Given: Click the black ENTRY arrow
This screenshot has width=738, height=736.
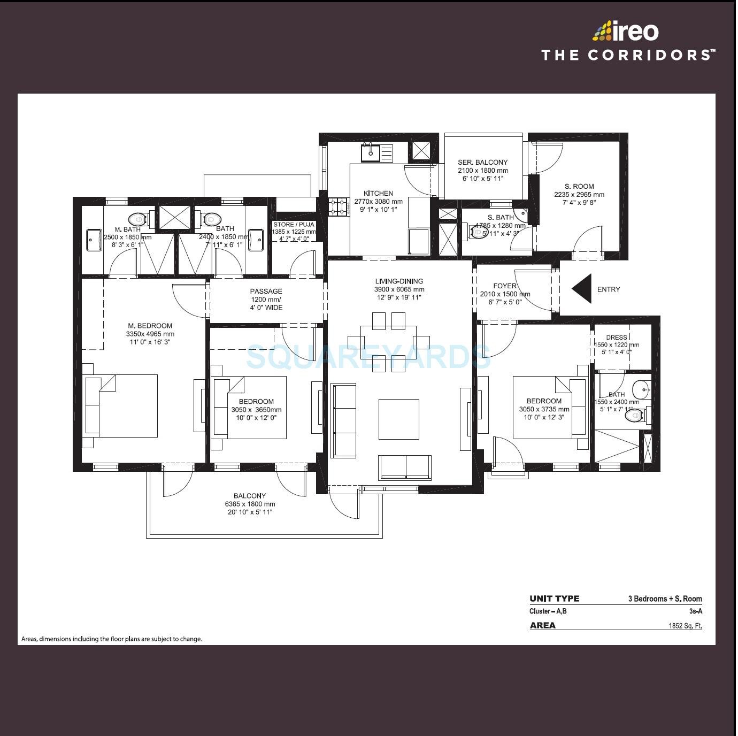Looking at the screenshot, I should pos(583,289).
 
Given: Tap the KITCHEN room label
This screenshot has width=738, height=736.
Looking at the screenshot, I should pos(378,194).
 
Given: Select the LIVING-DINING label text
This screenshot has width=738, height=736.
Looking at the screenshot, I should pos(399,281).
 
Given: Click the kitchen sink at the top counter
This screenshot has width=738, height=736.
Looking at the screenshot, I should pos(370,153).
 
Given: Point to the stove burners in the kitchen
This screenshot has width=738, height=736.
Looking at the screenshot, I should pos(337,207).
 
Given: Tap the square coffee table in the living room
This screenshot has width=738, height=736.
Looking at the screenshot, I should pos(399,419).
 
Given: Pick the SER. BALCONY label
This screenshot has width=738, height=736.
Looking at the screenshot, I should pos(482,163).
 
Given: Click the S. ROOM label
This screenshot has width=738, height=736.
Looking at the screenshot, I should pos(579,187).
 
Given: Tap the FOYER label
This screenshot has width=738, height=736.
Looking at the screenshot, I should pos(505,286).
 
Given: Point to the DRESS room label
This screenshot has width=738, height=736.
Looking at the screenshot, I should pos(617,338).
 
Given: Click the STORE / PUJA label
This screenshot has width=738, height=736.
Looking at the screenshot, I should pos(294,225).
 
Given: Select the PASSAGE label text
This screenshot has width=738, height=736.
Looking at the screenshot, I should pos(266,292).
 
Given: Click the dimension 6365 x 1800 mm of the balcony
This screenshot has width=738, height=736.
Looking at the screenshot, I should pos(250,504).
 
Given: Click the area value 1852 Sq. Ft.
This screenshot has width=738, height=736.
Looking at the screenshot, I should pos(685,626).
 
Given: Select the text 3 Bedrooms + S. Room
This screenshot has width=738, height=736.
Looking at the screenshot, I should pos(665,599).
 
